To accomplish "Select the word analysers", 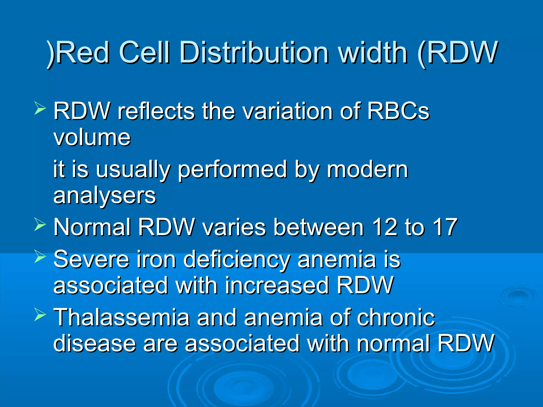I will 105,196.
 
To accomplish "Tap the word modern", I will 367,169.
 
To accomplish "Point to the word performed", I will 232,170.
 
